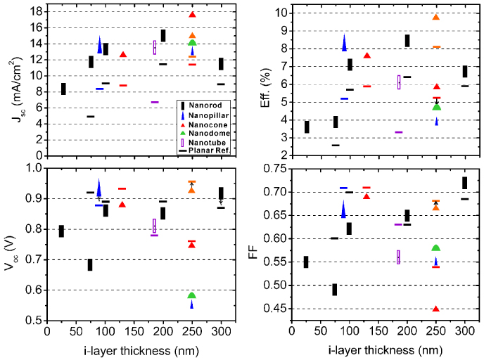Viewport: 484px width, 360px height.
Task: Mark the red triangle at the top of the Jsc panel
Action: tap(192, 15)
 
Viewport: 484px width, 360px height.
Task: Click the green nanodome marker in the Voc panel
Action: tap(192, 295)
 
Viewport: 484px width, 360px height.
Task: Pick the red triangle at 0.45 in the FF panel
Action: tap(436, 309)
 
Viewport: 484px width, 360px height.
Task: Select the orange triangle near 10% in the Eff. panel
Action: tap(436, 17)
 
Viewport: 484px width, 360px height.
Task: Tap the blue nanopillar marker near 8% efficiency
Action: tap(344, 43)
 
